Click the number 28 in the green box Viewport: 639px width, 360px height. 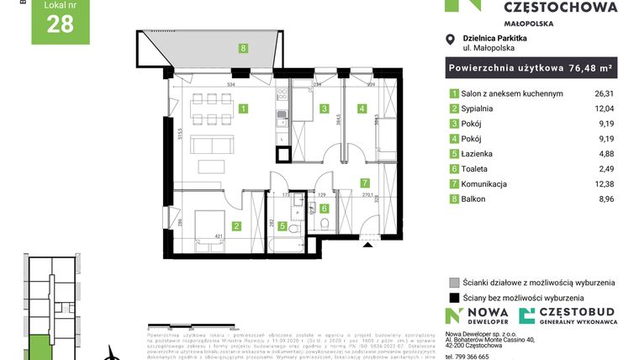61,24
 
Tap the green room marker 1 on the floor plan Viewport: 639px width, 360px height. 243,109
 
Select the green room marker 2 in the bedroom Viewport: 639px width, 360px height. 237,225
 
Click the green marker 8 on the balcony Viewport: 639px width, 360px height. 243,49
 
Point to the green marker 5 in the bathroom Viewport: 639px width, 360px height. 283,225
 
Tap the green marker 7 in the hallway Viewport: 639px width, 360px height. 364,182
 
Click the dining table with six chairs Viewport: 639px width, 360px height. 207,108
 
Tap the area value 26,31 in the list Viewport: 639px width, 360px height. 605,93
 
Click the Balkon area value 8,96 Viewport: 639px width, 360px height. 607,199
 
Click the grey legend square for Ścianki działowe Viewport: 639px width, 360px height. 454,283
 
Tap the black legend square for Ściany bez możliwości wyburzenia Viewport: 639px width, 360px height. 454,298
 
